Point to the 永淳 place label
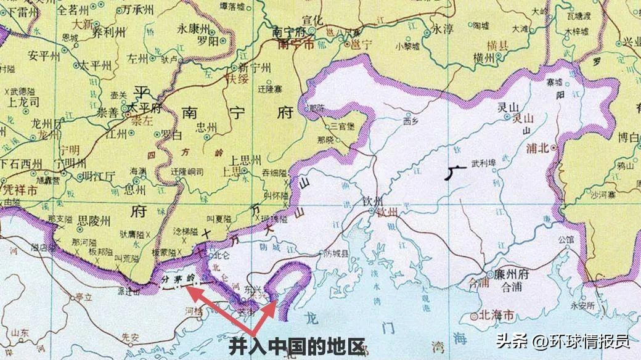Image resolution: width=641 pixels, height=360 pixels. (443, 29)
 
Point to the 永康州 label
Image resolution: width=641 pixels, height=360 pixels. (194, 28)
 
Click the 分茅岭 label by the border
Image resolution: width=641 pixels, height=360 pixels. (178, 279)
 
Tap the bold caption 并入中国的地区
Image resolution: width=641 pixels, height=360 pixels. (297, 346)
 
